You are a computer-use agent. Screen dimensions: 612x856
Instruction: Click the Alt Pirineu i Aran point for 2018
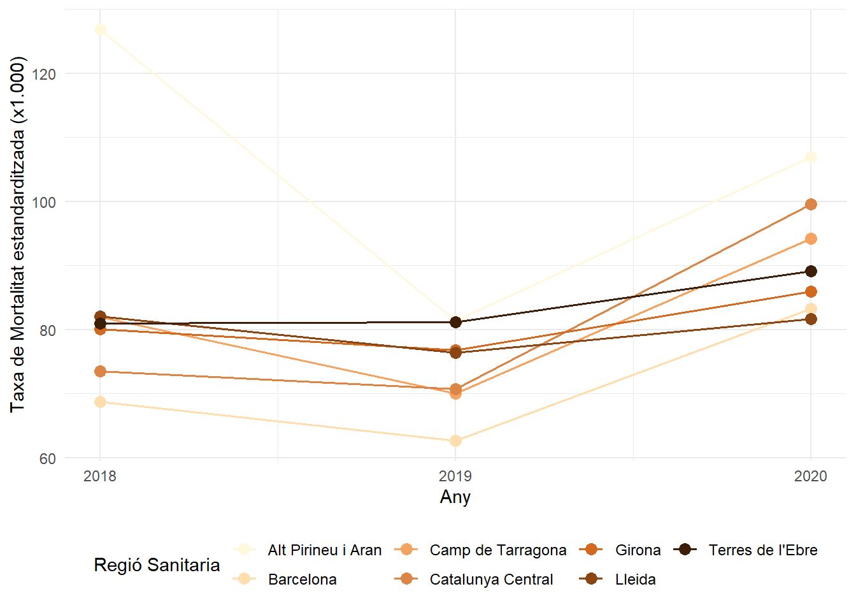point(100,30)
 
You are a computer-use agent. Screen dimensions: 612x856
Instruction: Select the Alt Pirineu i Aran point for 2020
point(811,157)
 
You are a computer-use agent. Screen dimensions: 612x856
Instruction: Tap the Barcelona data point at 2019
point(455,441)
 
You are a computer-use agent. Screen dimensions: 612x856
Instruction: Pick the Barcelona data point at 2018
point(100,402)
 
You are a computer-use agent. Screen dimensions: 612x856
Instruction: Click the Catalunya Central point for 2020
point(811,205)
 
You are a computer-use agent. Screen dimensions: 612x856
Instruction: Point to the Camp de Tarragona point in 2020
point(811,239)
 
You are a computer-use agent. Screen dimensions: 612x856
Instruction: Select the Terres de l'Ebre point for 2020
point(811,272)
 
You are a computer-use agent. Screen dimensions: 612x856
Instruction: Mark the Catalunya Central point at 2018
point(100,372)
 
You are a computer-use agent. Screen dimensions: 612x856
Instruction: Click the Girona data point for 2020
point(811,292)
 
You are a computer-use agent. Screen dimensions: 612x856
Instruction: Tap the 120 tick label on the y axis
point(43,75)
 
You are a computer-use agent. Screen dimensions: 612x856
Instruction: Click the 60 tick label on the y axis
point(48,459)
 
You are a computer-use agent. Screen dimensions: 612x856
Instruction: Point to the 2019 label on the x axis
point(455,476)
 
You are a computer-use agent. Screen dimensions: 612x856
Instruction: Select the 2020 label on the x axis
point(811,476)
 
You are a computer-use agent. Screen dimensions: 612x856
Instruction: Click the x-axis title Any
point(455,497)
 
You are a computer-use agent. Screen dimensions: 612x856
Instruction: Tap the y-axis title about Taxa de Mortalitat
point(18,235)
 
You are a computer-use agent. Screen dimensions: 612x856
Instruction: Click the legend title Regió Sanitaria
point(157,565)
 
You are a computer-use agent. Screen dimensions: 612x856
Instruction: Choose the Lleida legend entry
point(635,579)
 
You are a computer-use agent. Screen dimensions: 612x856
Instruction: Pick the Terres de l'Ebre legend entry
point(762,550)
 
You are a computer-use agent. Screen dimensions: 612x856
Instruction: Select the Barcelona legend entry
point(302,579)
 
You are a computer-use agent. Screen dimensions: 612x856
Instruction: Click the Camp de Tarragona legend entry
point(497,550)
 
